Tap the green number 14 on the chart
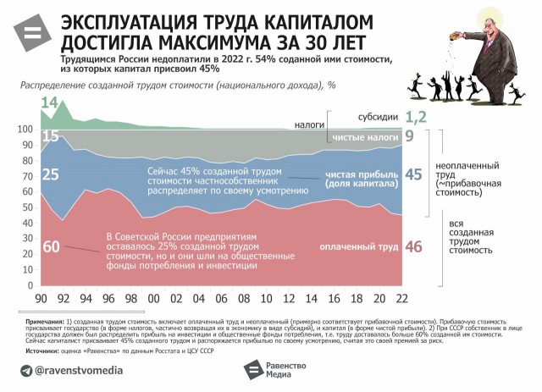point(49,104)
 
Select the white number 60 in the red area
point(50,248)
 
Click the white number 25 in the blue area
point(50,174)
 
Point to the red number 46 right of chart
point(414,247)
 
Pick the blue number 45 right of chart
point(414,174)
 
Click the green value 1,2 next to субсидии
point(414,117)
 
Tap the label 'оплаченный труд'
point(358,247)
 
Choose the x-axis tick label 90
point(41,298)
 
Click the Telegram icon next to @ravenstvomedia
point(27,370)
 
